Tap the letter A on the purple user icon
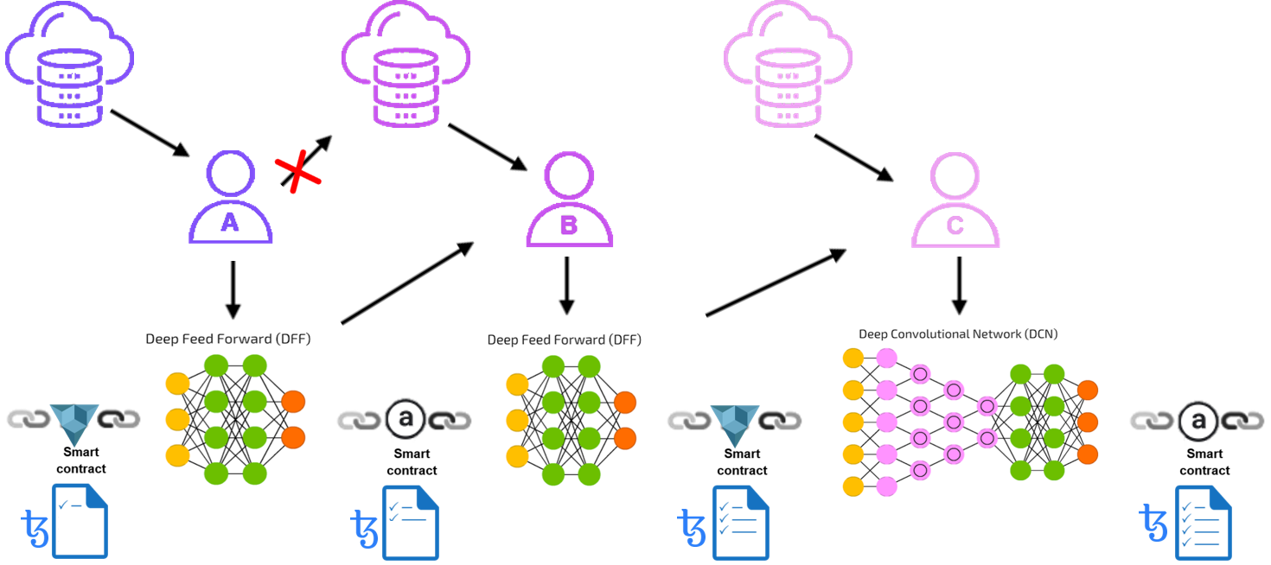coord(230,224)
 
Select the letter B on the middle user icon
coord(568,225)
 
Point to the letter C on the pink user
coord(955,226)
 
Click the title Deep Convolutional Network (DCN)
coord(957,333)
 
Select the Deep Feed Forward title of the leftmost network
coord(227,340)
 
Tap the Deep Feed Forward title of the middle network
coord(564,340)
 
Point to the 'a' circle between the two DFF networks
coord(404,420)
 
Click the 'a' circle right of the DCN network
coord(1198,421)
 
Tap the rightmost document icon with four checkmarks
coord(1203,521)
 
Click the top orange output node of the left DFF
coord(293,402)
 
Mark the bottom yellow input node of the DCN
coord(853,486)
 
